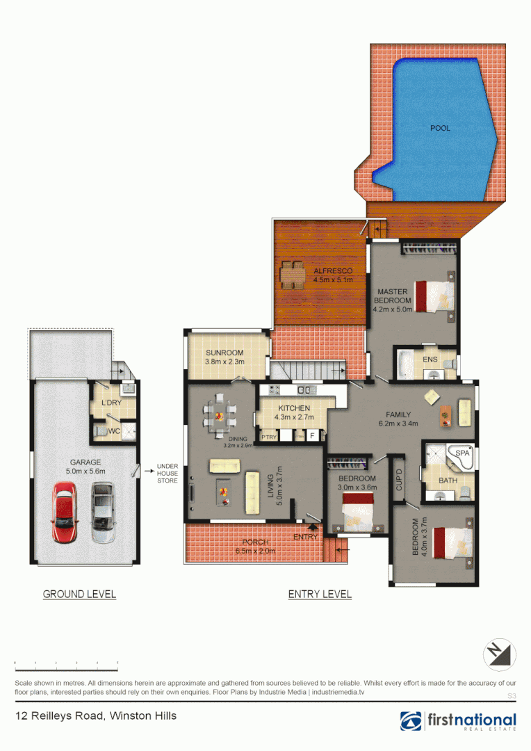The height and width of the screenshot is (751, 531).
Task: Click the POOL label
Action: tap(440, 128)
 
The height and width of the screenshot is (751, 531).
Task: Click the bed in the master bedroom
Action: tap(434, 295)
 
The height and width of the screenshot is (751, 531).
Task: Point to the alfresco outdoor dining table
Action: tap(292, 275)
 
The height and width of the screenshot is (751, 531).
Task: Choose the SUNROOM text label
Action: tap(224, 353)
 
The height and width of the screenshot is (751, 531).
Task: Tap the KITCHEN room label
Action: tap(294, 408)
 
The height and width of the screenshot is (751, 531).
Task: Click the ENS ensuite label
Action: tap(430, 360)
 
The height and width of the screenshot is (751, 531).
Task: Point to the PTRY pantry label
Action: tap(268, 437)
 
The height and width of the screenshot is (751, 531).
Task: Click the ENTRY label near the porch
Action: tap(305, 537)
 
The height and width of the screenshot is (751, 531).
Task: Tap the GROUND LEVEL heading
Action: tap(79, 594)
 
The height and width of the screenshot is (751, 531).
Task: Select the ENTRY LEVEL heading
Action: tap(320, 594)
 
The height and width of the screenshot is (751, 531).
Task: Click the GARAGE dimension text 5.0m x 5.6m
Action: tap(85, 471)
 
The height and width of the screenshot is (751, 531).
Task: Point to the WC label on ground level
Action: tap(113, 431)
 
